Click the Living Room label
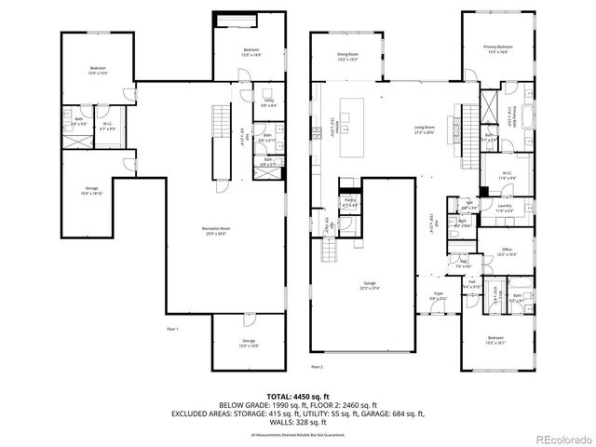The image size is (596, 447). tap(424, 129)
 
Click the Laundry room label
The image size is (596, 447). tap(505, 208)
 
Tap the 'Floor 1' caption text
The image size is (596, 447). tap(171, 329)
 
